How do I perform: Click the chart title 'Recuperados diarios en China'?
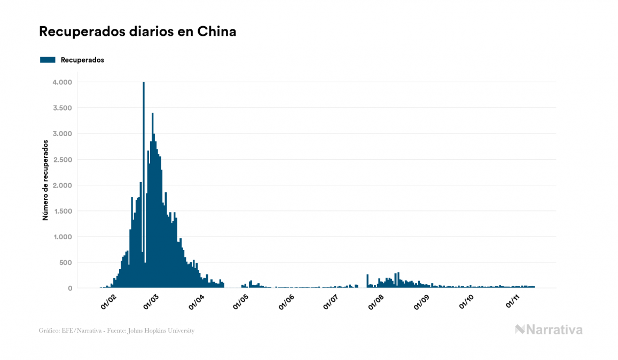click(137, 32)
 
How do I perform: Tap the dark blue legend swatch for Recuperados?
click(48, 60)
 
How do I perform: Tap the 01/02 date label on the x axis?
click(108, 301)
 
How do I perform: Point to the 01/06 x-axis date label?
click(287, 301)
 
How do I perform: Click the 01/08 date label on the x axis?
click(377, 301)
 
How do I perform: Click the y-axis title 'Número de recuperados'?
click(45, 181)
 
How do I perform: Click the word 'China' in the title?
click(217, 32)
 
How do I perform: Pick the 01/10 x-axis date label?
click(467, 301)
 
